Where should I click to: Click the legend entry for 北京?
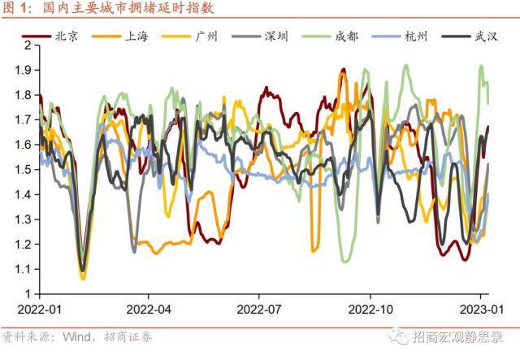(65, 36)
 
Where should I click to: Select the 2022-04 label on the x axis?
(148, 310)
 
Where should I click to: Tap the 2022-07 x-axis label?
(258, 310)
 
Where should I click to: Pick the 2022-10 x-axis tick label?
(370, 310)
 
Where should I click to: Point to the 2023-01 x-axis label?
(479, 310)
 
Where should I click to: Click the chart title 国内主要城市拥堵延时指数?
(131, 9)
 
